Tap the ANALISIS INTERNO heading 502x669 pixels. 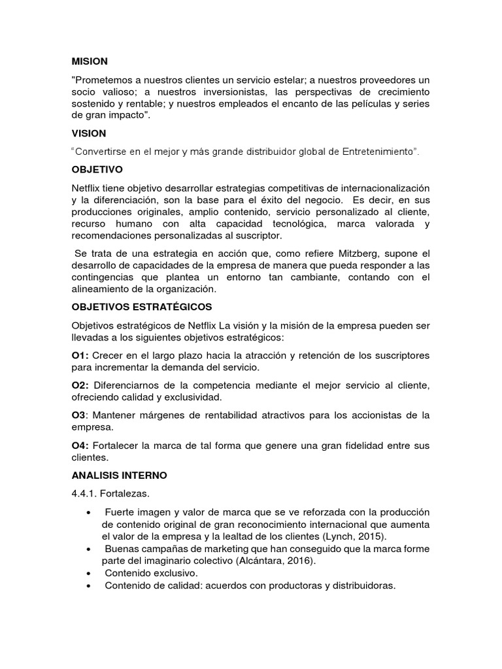[120, 474]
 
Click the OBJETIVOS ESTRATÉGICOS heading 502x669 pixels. [142, 306]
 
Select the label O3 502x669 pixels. [79, 416]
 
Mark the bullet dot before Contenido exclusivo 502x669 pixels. [88, 573]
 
